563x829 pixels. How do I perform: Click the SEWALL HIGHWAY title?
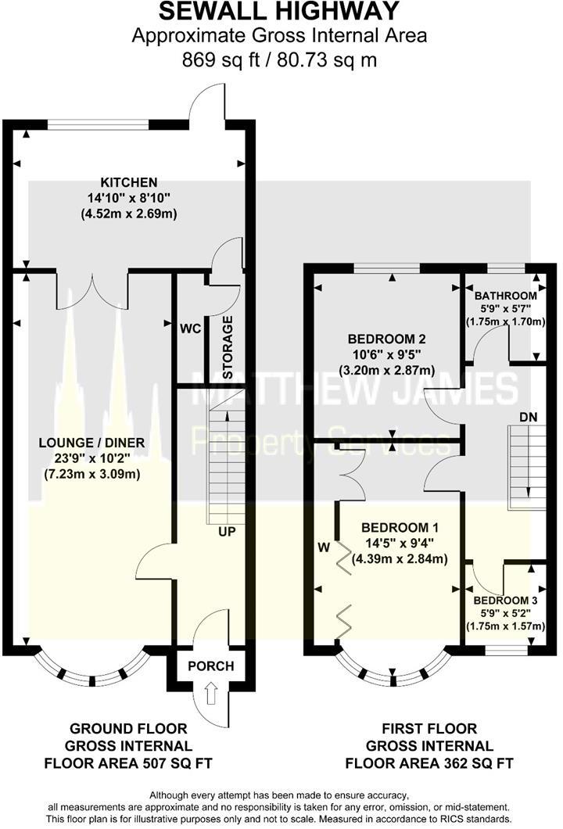click(279, 13)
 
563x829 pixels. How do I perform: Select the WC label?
click(190, 329)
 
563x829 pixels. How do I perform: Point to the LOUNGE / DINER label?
click(92, 443)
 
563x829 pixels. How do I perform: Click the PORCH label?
click(211, 666)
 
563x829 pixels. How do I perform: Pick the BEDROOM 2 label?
click(386, 339)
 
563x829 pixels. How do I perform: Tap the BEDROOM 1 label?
click(400, 527)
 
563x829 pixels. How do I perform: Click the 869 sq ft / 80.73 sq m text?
click(279, 59)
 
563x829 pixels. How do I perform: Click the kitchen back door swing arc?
click(205, 108)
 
